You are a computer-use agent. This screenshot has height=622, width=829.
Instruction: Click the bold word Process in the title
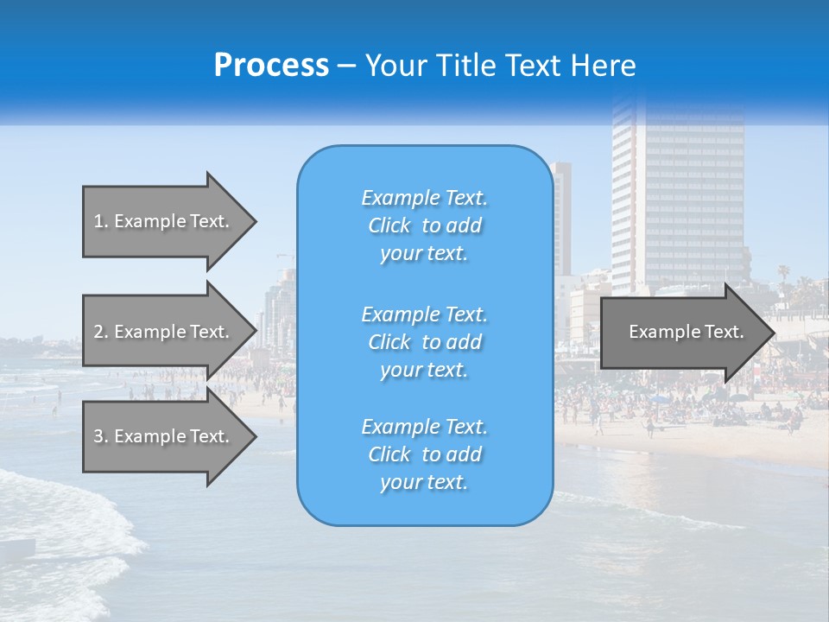(271, 66)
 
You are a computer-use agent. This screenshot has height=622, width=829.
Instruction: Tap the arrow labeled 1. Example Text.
(164, 221)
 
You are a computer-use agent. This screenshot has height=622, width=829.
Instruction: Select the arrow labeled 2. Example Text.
(164, 332)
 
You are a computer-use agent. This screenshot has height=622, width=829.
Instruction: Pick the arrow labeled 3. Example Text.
(164, 436)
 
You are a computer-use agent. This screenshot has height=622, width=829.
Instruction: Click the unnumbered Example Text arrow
(682, 332)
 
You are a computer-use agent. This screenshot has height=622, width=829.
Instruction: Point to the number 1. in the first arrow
(100, 221)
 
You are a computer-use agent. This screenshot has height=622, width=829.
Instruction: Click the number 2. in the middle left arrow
(100, 332)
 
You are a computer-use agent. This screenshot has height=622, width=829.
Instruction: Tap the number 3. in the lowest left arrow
(100, 436)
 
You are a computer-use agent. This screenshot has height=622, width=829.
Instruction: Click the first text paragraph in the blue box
(424, 225)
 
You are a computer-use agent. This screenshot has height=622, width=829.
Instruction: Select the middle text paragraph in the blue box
(424, 342)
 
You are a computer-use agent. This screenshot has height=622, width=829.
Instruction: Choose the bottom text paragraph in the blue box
(424, 454)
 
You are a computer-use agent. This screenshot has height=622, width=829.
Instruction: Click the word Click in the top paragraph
(389, 226)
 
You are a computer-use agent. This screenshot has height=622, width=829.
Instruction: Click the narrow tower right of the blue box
(562, 216)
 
